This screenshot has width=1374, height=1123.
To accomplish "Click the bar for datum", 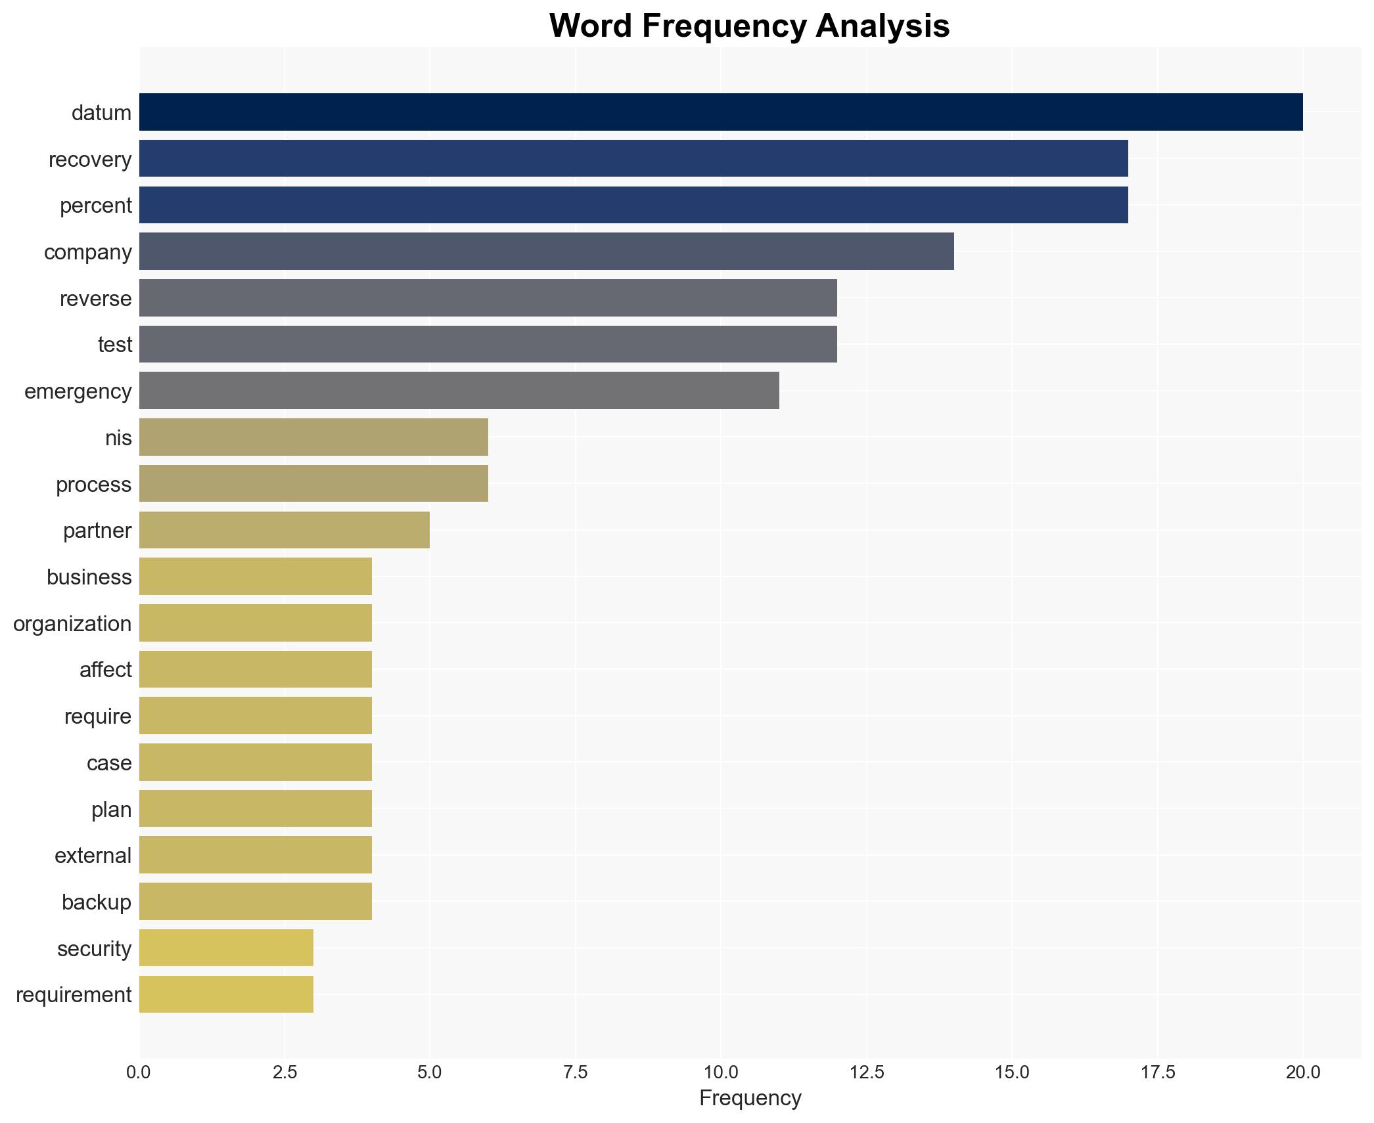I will [720, 112].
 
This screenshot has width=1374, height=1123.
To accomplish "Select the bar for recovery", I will [633, 158].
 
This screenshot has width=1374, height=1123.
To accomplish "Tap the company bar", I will [546, 252].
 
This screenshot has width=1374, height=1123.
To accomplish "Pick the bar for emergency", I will [459, 391].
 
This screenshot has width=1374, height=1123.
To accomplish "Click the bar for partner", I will [284, 530].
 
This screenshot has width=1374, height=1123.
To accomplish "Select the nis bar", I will [313, 437].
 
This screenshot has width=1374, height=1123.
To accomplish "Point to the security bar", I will [226, 948].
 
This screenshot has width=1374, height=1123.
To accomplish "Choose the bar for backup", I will [255, 902].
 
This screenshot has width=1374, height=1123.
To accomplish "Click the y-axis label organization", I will [72, 623].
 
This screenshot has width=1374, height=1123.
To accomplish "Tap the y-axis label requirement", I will [74, 994].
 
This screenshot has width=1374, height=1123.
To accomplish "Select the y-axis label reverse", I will [95, 298].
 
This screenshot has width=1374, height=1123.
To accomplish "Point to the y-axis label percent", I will [95, 206].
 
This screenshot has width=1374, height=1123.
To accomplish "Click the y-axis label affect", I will [105, 670].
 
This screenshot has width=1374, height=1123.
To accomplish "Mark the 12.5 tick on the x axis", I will [866, 1072].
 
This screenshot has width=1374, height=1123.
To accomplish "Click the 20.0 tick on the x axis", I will [1302, 1072].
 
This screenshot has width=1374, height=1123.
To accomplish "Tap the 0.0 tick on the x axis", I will [139, 1072].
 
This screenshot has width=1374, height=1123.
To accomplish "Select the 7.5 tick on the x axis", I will [575, 1072].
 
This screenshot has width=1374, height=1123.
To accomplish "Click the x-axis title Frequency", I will [750, 1098].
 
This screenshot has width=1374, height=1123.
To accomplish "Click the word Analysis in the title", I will [882, 26].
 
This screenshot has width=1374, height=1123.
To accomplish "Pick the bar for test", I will [488, 344].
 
